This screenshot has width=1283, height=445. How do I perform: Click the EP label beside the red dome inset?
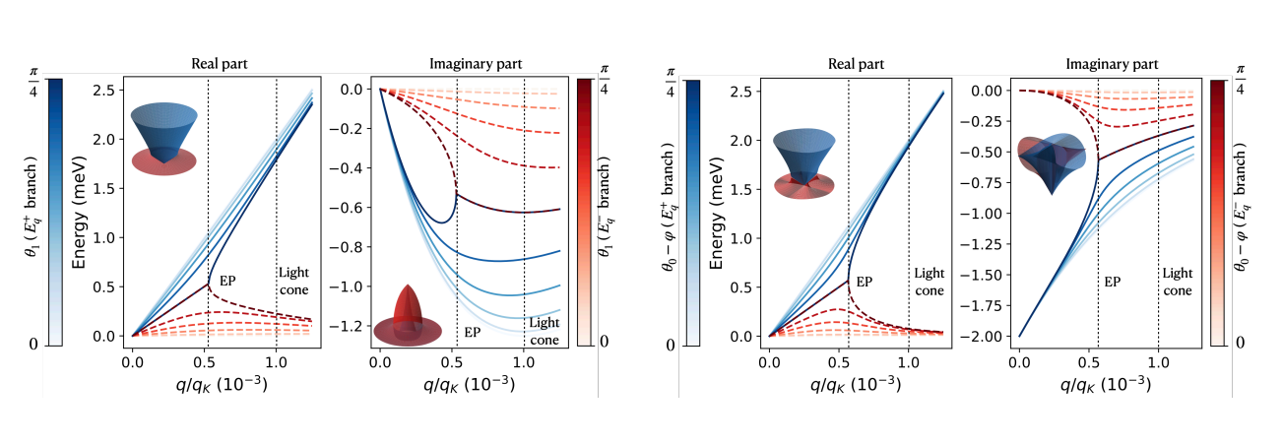pyautogui.click(x=473, y=332)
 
